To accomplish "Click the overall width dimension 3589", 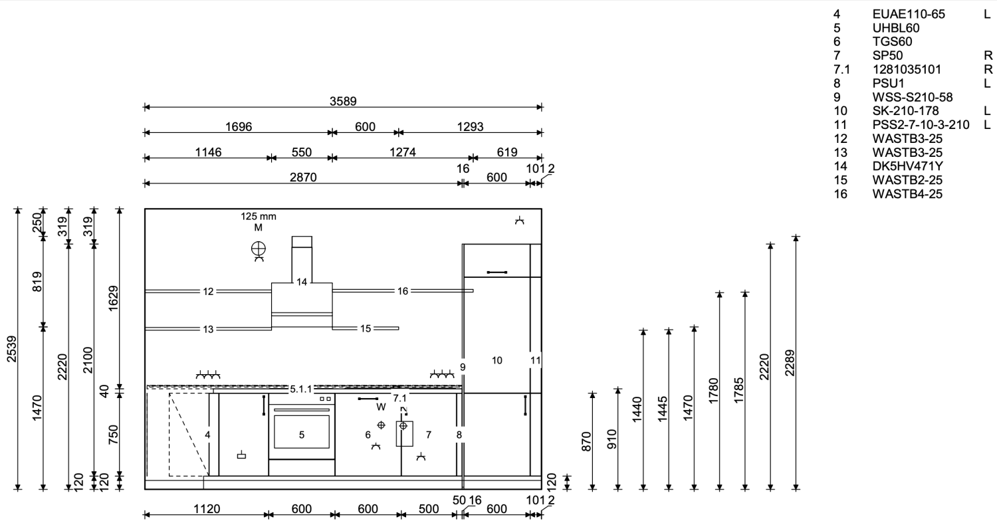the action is point(343,102).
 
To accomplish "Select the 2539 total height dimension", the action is point(11,349).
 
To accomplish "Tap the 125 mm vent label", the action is point(258,216).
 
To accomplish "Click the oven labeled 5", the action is point(301,432).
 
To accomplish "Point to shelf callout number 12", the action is point(208,292).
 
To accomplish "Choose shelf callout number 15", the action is point(366,328).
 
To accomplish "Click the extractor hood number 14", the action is point(302,282).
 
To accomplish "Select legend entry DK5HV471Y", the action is point(907,166).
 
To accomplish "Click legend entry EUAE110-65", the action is point(909,14).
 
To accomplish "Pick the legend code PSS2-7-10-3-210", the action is point(921,125).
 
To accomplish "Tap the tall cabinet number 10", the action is point(497,360).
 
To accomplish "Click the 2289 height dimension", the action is point(790,363).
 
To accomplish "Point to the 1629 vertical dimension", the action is point(114,298).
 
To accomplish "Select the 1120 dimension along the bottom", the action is point(207,509).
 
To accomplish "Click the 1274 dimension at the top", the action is point(402,152).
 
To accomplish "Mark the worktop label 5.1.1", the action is point(301,389).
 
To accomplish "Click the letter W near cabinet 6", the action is point(381,407).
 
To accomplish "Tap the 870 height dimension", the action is point(587,441).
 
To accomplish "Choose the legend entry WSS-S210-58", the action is point(913,97).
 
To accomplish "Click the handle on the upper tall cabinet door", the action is point(497,272).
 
